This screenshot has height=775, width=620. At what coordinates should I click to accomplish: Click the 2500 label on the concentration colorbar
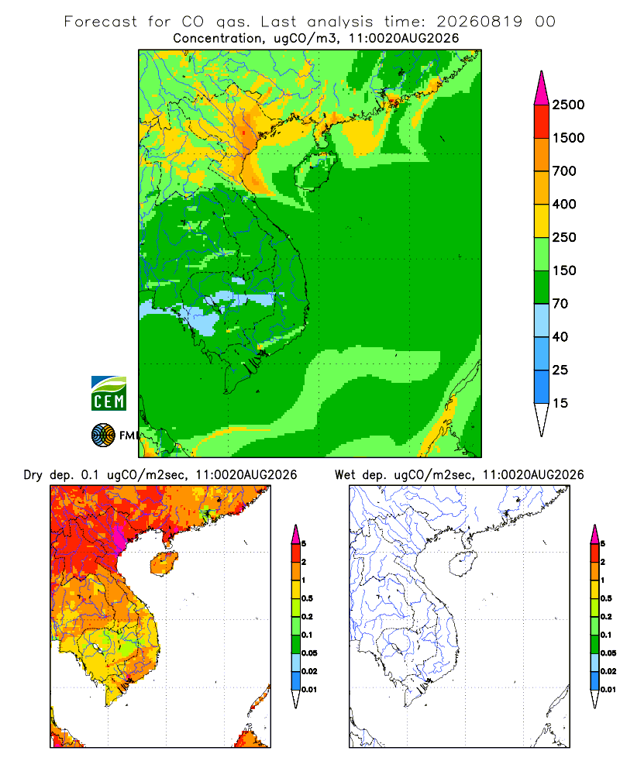(x=568, y=105)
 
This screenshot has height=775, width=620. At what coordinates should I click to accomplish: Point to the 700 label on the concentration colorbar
(x=564, y=171)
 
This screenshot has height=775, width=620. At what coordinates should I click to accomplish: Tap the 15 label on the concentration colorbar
(x=560, y=403)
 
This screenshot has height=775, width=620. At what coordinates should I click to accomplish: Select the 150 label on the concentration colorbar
(x=564, y=270)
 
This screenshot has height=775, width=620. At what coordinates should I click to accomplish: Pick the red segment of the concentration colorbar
(x=542, y=122)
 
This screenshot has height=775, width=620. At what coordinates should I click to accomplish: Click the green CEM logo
(x=108, y=394)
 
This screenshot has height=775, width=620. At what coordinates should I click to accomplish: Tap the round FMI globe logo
(x=103, y=436)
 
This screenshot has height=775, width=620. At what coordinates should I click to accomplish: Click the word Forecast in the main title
(x=101, y=22)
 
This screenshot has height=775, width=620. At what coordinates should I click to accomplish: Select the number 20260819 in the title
(x=479, y=22)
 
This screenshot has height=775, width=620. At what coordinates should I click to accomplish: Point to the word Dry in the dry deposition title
(x=33, y=476)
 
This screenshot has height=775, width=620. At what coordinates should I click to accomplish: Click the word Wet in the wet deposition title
(x=345, y=475)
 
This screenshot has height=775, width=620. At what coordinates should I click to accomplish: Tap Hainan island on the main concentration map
(x=315, y=171)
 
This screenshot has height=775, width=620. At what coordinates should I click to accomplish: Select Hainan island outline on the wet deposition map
(x=463, y=564)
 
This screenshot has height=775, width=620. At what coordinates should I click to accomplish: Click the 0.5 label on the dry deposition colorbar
(x=307, y=598)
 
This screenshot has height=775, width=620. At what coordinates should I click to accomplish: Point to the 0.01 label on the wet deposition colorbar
(x=608, y=690)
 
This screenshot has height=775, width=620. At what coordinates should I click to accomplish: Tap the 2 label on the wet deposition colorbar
(x=603, y=562)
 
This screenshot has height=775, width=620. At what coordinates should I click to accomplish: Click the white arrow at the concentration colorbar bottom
(x=542, y=418)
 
